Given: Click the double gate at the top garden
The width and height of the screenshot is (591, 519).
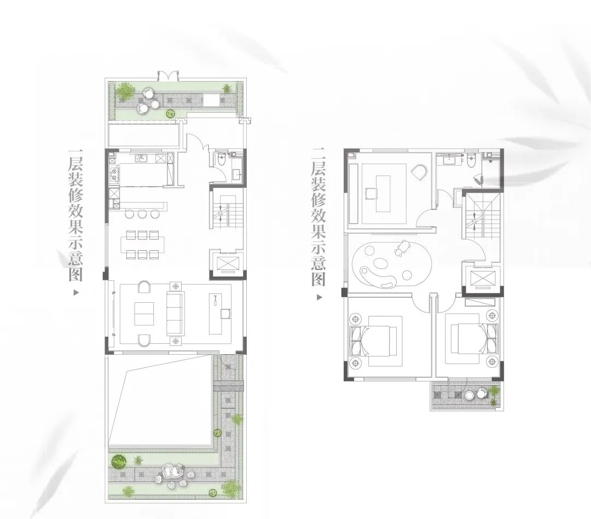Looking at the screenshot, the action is [167, 75].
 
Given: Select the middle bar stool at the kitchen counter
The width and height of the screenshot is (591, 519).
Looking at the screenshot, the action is [142, 214].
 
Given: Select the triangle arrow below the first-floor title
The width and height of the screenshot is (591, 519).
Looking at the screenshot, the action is [76, 292].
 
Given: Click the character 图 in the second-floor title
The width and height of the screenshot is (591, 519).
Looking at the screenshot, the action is [318, 280].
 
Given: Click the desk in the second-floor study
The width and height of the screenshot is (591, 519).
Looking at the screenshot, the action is [384, 194].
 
